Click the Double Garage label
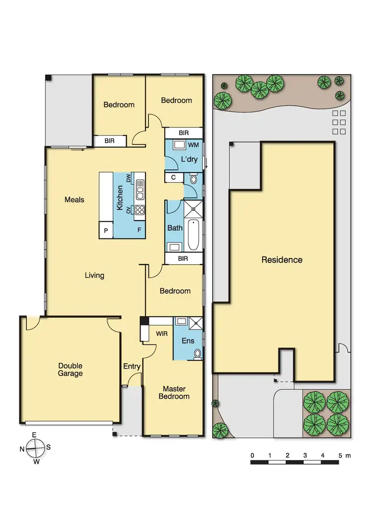70,370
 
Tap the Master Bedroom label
174,393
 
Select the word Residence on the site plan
281,260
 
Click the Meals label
74,200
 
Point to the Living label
94,275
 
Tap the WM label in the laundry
193,145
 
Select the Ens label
188,341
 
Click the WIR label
161,334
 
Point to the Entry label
132,367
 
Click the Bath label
175,228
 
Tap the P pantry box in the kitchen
106,230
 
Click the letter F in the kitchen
139,230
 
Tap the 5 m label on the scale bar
344,455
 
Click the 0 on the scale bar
252,455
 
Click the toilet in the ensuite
197,353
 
